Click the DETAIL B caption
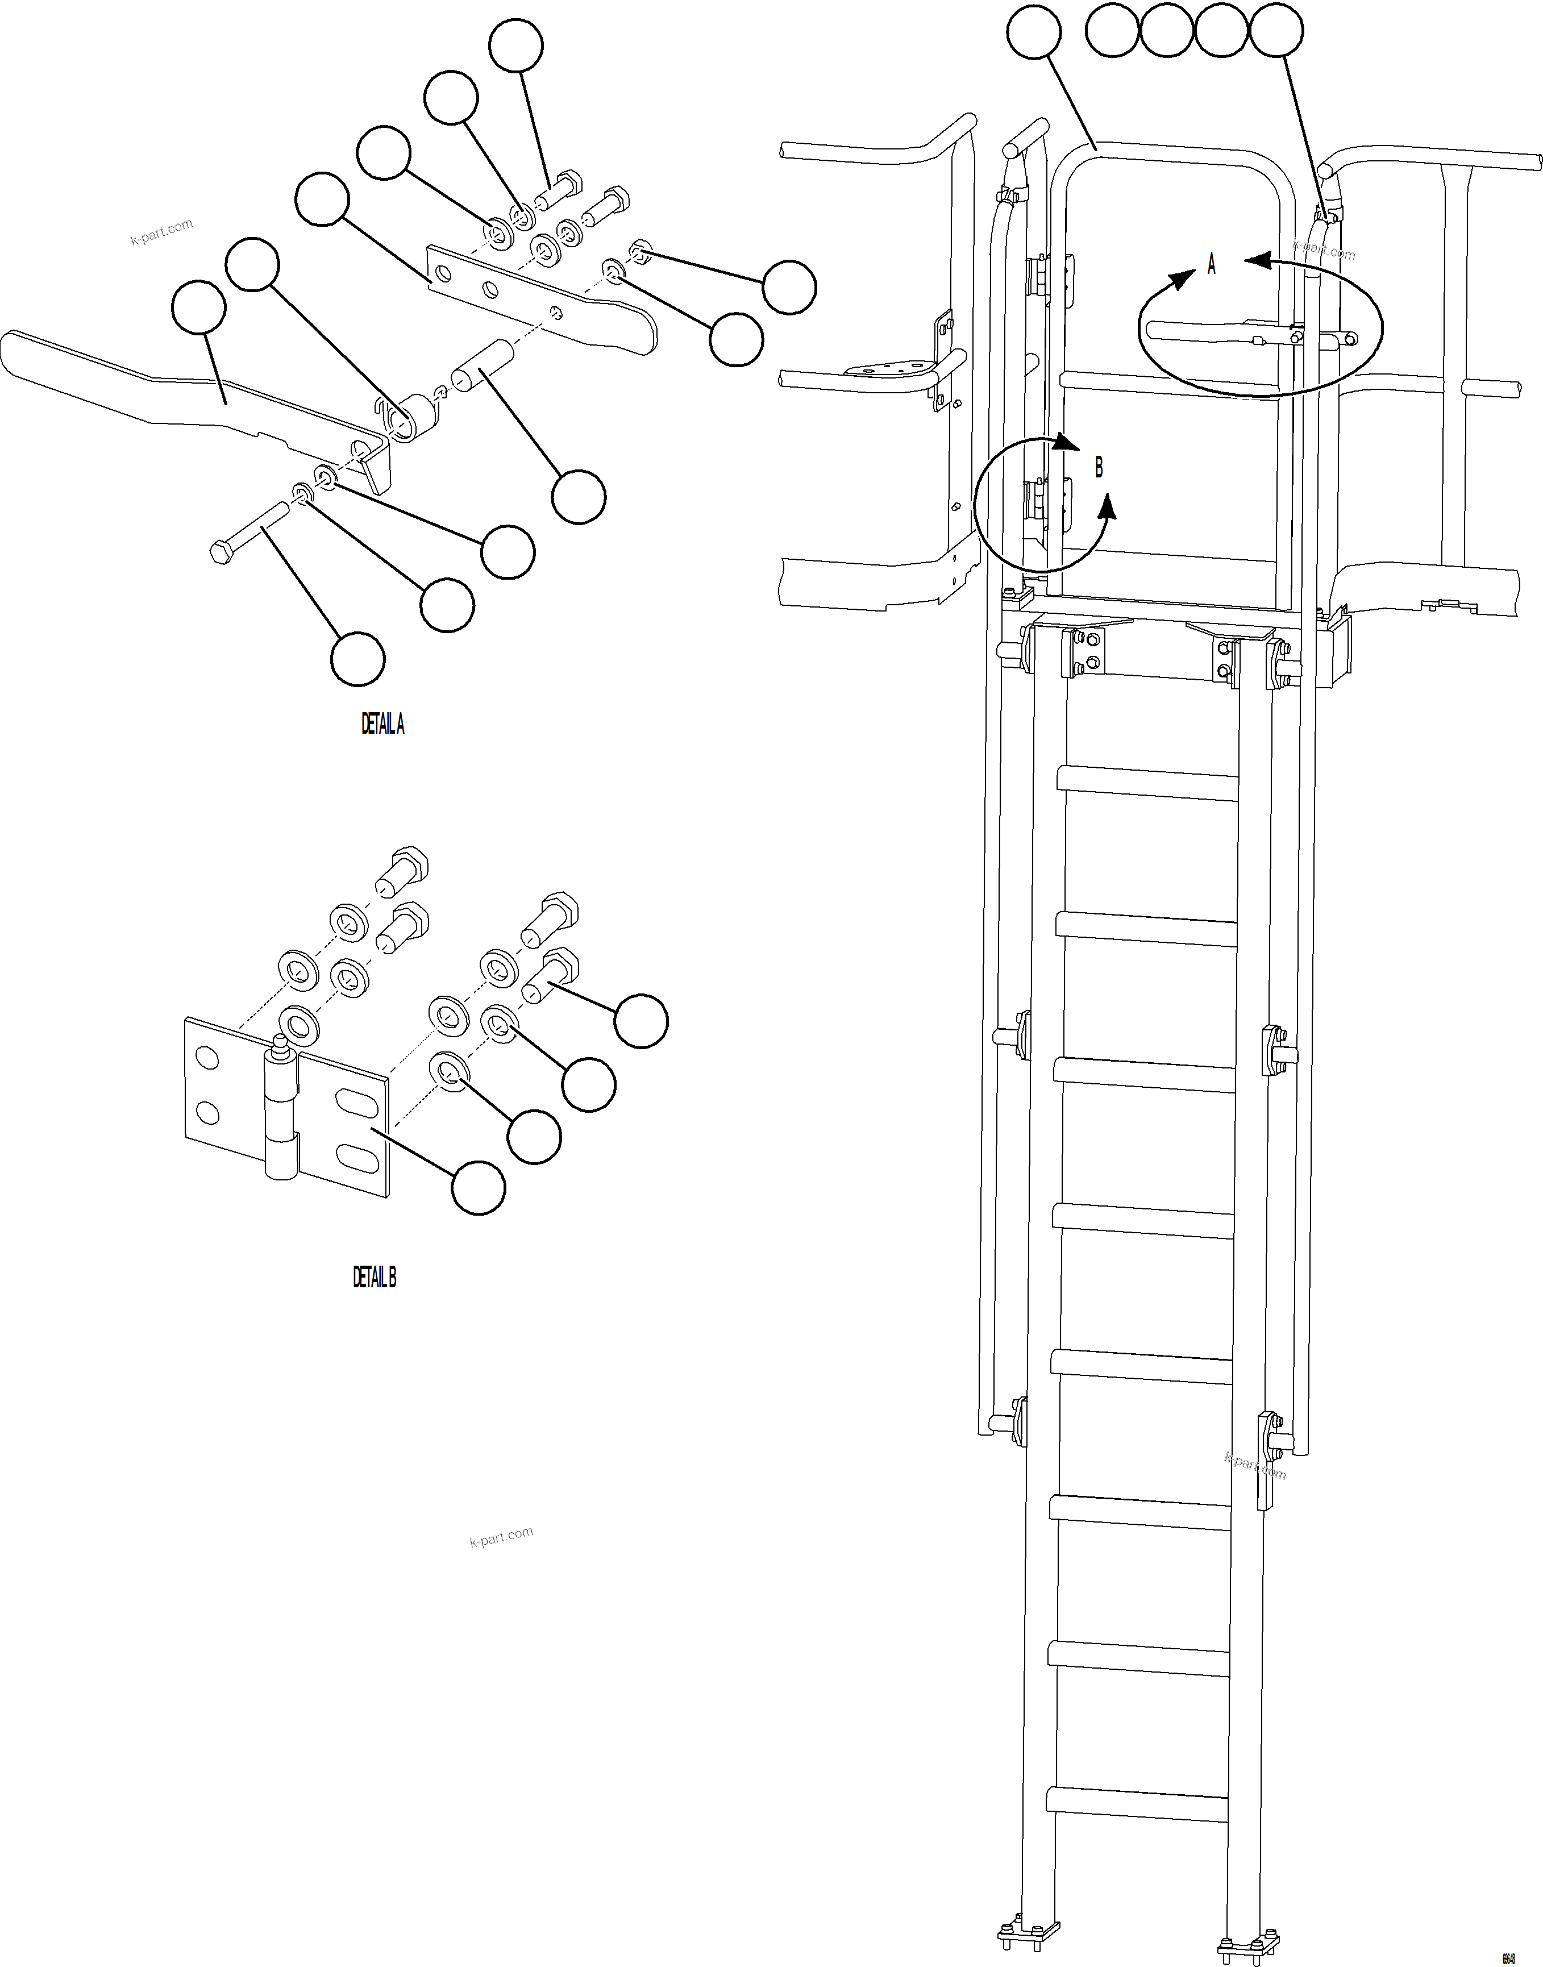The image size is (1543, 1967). point(374,1278)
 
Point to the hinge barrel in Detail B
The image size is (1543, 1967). point(281,1111)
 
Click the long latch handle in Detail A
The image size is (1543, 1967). point(181,389)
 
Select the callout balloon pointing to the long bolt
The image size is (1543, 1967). point(357,660)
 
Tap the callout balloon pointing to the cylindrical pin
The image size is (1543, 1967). point(578,496)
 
